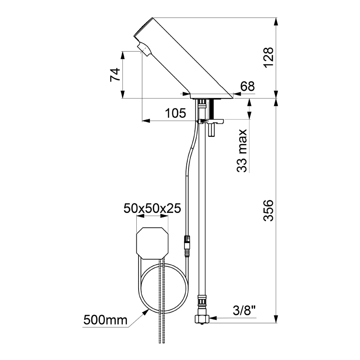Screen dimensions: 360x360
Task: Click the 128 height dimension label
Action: [x=269, y=57]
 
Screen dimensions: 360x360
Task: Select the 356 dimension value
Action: [x=268, y=210]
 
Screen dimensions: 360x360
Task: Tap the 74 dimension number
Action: [x=115, y=75]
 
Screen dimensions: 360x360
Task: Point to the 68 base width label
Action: [x=247, y=86]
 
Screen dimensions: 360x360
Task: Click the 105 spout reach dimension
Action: [x=175, y=113]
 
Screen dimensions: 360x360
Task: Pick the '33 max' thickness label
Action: [x=242, y=151]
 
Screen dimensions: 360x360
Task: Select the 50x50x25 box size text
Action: [x=153, y=208]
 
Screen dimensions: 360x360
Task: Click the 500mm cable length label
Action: [x=105, y=320]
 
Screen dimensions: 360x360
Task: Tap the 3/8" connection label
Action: [x=244, y=311]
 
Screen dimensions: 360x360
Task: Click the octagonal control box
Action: [x=153, y=243]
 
